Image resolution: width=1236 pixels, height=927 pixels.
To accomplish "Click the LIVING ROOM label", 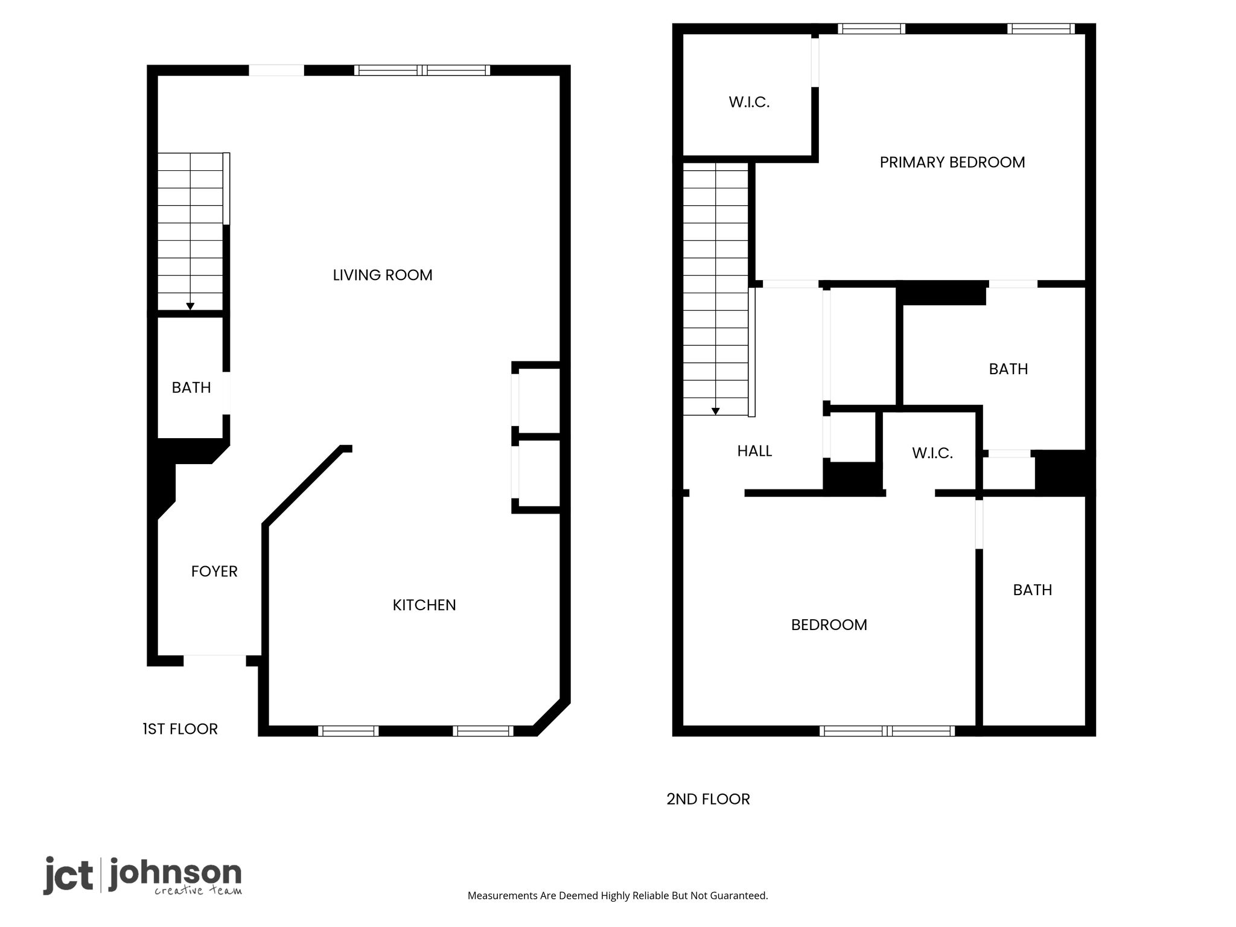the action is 383,275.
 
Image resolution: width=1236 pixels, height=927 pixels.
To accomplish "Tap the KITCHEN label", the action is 424,605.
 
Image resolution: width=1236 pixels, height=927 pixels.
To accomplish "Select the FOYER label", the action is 214,572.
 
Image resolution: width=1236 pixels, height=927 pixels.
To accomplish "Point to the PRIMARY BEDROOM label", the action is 952,162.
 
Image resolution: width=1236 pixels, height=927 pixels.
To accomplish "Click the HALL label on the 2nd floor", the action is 754,451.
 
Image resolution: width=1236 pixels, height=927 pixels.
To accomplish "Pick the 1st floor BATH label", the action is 191,387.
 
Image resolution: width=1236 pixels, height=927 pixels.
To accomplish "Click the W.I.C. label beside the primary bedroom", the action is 749,103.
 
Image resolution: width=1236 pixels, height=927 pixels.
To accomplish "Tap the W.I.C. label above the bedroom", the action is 932,453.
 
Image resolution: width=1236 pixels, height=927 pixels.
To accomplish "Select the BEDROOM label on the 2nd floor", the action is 829,625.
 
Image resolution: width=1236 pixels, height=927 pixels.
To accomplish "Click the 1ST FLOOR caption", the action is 180,729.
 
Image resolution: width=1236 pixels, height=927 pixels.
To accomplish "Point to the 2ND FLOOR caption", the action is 708,799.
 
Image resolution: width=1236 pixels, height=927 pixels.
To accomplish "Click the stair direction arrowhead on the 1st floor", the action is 190,307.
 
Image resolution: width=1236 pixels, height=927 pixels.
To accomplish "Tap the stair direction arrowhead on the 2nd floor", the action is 716,412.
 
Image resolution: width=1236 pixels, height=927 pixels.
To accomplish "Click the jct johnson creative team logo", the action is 142,876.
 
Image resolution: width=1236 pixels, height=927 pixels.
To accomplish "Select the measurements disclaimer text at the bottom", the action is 617,896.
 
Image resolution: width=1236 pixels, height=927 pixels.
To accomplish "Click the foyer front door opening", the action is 215,660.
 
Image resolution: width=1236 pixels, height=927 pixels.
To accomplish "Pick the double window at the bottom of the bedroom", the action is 887,731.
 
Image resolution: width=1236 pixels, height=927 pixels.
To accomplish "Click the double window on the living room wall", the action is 422,70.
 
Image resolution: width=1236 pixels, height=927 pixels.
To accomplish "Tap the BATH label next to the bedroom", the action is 1033,590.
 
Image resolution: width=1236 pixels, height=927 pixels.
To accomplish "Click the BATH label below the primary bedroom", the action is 1008,369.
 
